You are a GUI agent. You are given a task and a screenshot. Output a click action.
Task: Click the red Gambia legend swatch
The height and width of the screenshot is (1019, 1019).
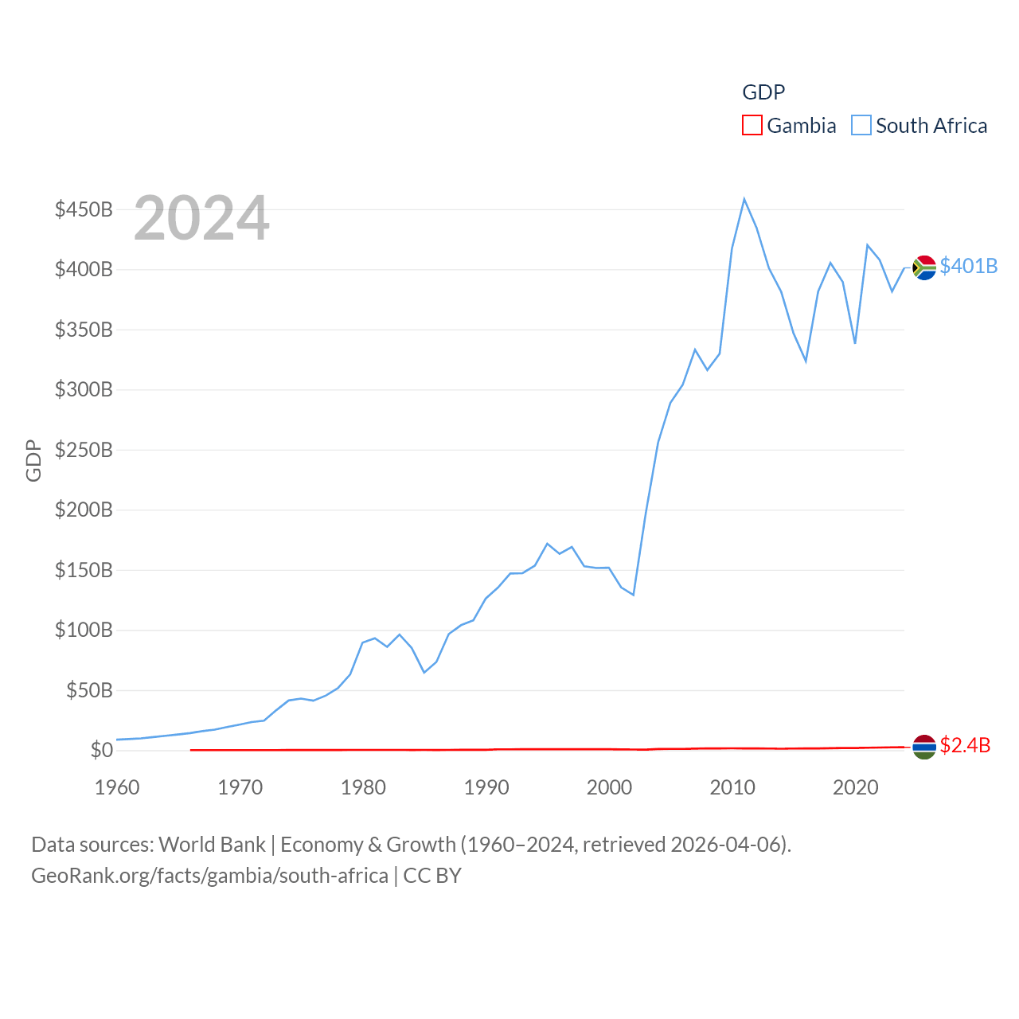click(x=752, y=126)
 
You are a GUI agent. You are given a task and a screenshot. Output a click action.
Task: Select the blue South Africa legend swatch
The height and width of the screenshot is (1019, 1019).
click(x=861, y=126)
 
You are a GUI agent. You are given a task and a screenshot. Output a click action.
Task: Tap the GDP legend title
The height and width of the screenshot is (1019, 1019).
click(x=763, y=92)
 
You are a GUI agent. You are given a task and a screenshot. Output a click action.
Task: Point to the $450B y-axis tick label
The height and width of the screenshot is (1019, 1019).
click(x=84, y=209)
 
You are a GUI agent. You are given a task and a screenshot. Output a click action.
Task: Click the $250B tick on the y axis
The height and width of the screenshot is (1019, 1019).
click(x=84, y=450)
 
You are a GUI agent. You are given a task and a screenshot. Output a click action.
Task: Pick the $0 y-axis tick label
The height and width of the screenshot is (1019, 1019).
click(x=101, y=750)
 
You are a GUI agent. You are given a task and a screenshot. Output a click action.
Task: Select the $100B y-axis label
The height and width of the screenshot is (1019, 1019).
click(x=84, y=630)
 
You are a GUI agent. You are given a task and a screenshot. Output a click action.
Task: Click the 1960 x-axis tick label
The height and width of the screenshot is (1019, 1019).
click(x=117, y=787)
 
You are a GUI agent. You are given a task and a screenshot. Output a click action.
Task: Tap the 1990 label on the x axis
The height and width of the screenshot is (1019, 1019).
click(x=486, y=787)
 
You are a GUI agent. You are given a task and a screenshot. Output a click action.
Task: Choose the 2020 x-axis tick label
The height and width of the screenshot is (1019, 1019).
click(x=856, y=787)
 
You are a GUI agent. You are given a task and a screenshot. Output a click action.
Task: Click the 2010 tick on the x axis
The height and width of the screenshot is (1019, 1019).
click(x=732, y=787)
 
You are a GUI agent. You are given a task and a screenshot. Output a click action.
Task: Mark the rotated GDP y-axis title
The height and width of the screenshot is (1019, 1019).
click(x=33, y=460)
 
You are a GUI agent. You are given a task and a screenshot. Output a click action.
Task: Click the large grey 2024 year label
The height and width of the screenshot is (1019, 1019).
click(x=201, y=218)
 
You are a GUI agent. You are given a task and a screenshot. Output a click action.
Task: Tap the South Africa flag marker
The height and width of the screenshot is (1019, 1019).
click(x=924, y=267)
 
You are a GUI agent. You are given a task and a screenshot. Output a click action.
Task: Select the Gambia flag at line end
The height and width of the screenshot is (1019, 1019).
click(x=924, y=747)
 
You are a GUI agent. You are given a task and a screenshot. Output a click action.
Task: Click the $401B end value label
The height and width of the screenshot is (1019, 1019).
click(x=968, y=266)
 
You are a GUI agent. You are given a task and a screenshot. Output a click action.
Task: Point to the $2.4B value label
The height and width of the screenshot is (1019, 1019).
click(x=965, y=745)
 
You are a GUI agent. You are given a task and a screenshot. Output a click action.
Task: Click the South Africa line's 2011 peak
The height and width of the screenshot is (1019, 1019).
click(x=744, y=199)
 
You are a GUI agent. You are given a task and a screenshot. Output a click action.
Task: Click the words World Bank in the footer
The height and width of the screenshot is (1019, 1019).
click(x=212, y=844)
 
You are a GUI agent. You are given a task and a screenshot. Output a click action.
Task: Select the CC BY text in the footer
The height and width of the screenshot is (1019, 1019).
click(x=432, y=876)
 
